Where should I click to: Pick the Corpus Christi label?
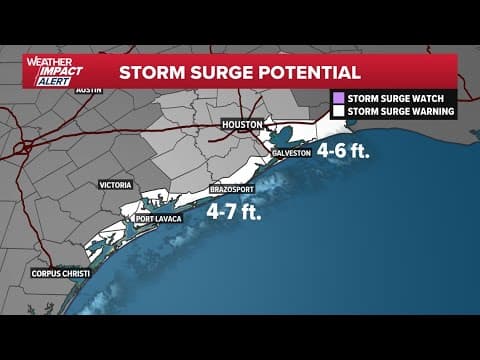pos(62,273)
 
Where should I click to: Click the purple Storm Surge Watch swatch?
pos(337,98)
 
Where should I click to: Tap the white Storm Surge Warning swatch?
pos(337,112)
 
